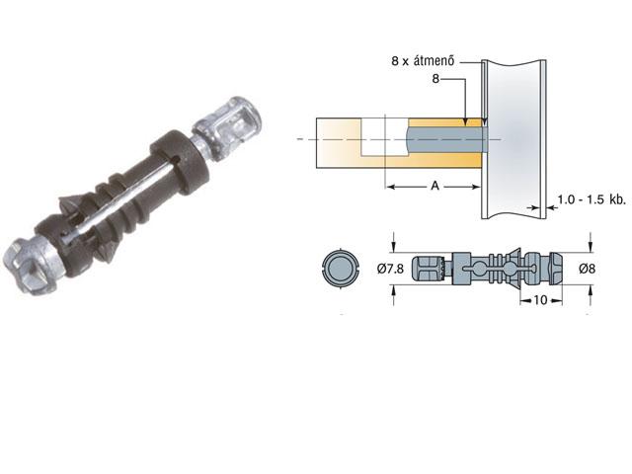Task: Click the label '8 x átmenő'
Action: click(x=425, y=60)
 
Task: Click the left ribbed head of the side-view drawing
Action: click(x=431, y=268)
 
